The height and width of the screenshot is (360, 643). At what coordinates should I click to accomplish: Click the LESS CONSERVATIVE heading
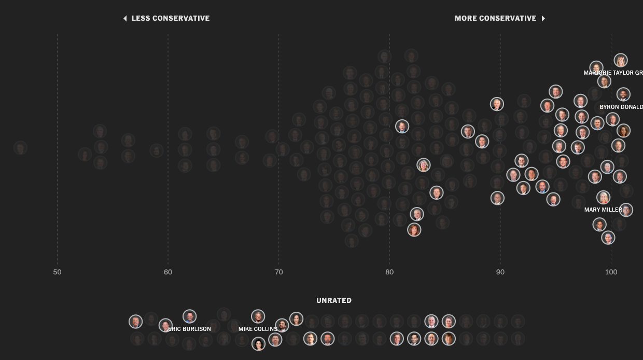[x=170, y=18]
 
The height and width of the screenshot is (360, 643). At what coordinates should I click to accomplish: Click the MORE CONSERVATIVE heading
[x=495, y=18]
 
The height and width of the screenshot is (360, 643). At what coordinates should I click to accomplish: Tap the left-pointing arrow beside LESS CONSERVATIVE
[x=125, y=18]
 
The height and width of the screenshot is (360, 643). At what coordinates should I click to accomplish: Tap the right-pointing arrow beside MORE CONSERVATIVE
[x=543, y=18]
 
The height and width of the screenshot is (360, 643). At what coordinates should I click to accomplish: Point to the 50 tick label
[x=57, y=272]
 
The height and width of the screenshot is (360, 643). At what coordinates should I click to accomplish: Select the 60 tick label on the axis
[x=168, y=272]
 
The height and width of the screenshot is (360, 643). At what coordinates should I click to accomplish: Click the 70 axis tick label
[x=278, y=272]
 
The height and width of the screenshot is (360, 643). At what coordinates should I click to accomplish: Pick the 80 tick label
[x=389, y=272]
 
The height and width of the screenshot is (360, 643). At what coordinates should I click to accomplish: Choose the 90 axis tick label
[x=500, y=272]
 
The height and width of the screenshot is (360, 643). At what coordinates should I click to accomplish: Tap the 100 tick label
[x=611, y=272]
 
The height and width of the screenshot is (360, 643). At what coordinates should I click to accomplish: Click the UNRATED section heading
[x=334, y=300]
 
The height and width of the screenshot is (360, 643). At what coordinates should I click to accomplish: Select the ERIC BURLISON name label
[x=190, y=329]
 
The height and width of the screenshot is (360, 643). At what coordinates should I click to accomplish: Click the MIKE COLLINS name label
[x=258, y=329]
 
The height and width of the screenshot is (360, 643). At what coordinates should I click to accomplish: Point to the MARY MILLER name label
[x=603, y=210]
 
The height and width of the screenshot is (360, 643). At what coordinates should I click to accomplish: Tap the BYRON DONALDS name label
[x=621, y=107]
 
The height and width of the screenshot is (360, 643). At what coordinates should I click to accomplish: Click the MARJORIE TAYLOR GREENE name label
[x=613, y=73]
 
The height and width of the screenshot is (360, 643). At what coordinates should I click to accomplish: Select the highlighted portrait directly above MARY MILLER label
[x=603, y=198]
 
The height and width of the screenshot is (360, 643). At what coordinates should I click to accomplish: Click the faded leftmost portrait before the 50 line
[x=20, y=148]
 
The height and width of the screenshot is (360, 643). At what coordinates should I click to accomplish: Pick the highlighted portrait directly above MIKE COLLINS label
[x=258, y=316]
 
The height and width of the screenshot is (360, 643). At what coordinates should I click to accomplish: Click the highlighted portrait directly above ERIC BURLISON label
[x=189, y=316]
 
